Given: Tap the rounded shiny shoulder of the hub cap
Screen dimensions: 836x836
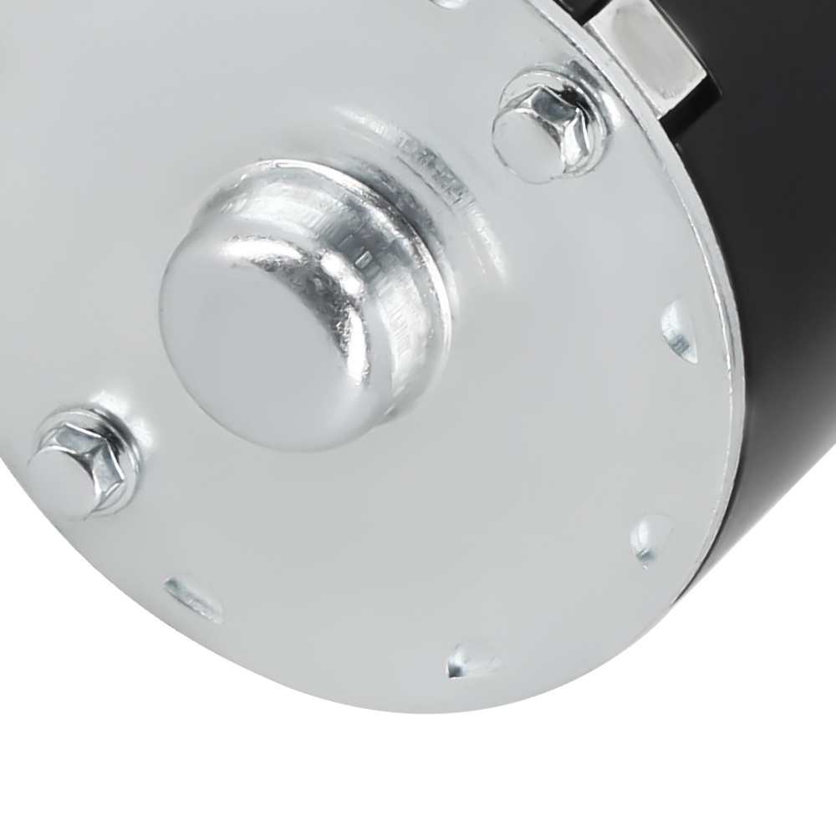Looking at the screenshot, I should pyautogui.click(x=334, y=251).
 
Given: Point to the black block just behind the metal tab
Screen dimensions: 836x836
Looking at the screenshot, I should pyautogui.click(x=711, y=50).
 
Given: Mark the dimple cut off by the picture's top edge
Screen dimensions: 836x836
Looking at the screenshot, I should pyautogui.click(x=456, y=3).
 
